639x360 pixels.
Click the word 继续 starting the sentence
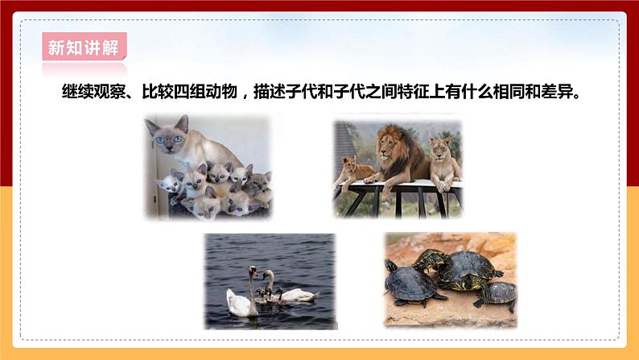[76, 91]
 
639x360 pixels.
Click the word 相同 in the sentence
[511, 91]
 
